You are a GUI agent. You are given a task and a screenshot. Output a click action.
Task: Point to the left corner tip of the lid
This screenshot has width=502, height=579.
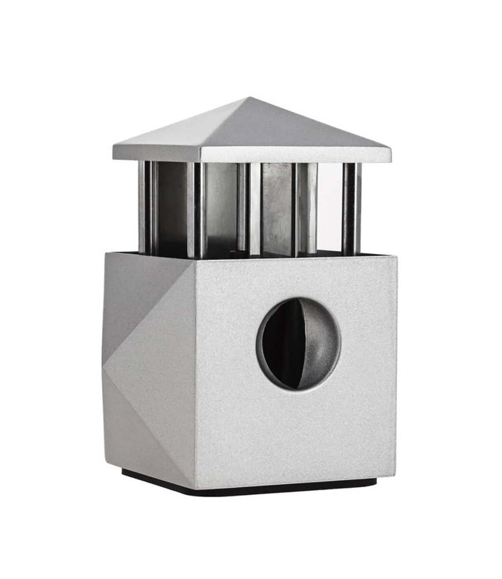(x=114, y=153)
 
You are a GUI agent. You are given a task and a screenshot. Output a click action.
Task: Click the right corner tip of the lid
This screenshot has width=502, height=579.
(x=389, y=153)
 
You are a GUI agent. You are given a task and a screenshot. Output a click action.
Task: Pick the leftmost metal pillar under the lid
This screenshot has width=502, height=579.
(x=146, y=207)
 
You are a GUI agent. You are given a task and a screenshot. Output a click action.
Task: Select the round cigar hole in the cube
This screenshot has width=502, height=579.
(x=298, y=344)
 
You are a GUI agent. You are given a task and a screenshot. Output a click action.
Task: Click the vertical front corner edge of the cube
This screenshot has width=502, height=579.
(x=195, y=371)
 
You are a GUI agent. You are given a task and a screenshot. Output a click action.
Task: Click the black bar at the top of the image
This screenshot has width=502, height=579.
(x=251, y=19)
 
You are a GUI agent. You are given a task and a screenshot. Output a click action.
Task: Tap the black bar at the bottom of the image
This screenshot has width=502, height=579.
(x=251, y=560)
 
